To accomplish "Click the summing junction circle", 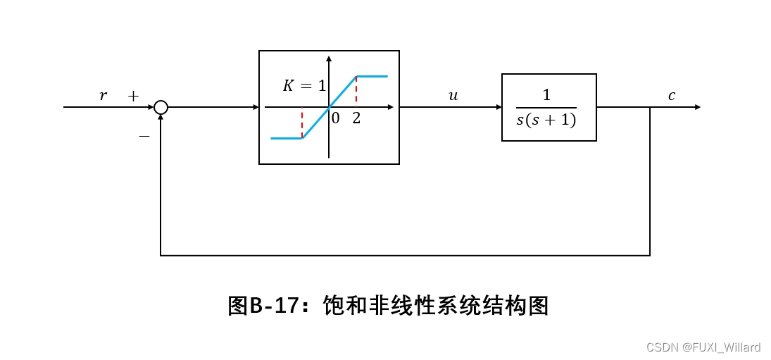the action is [x=161, y=107].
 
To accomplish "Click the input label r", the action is [x=104, y=96].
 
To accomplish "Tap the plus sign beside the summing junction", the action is [x=133, y=97].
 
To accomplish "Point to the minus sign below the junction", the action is [x=144, y=136].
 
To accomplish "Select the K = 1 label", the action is [x=304, y=86].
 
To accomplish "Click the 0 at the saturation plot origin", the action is [x=335, y=118].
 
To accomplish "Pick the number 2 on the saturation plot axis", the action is [x=356, y=118].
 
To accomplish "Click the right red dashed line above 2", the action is [x=356, y=90].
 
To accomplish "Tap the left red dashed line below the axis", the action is [x=302, y=123].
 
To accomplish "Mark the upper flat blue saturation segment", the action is [x=372, y=75].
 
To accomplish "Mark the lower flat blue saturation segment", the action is [x=286, y=138].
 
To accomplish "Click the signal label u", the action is [x=453, y=96].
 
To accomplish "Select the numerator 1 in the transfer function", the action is [x=546, y=95].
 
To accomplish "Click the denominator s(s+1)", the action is [x=546, y=120].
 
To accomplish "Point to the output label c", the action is [x=671, y=96].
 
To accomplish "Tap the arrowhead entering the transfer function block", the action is [x=497, y=107].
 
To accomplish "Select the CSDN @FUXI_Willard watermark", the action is [x=703, y=347].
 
